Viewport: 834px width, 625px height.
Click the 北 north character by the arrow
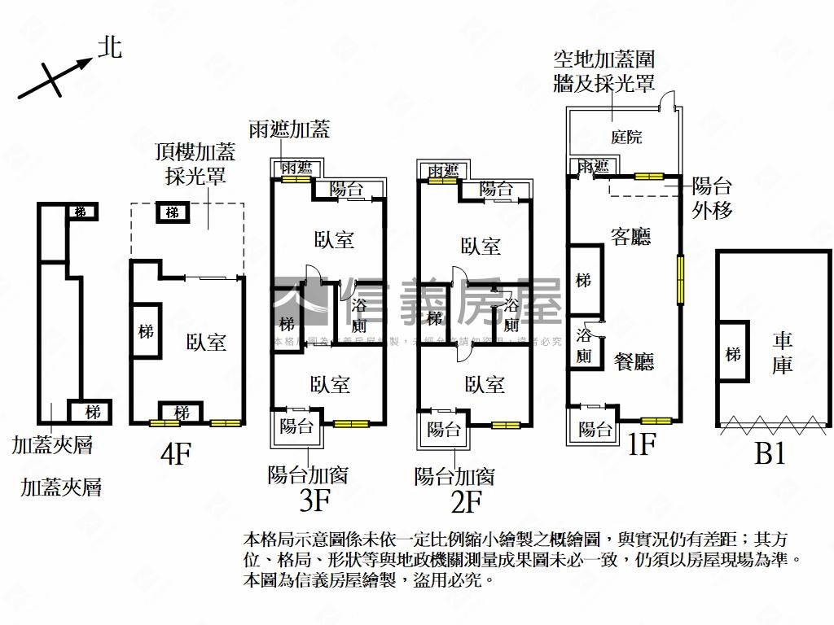[x=110, y=47]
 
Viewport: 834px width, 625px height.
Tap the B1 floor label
[x=770, y=453]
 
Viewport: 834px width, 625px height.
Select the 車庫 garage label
[x=782, y=353]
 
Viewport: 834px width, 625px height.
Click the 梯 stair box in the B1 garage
[x=733, y=354]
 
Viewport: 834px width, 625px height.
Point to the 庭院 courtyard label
[x=626, y=137]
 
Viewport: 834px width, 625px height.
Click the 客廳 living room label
[x=630, y=237]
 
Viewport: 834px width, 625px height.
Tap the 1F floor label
[x=641, y=446]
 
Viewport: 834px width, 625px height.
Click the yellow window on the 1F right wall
[x=680, y=278]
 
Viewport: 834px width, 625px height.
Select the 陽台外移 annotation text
[x=712, y=197]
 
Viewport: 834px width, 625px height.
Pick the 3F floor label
[x=314, y=501]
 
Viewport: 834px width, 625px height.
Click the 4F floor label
[x=175, y=453]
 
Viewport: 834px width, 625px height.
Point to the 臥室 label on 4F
[x=206, y=343]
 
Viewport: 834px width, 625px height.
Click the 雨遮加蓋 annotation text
[x=289, y=129]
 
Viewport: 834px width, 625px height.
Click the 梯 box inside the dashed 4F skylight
[x=172, y=212]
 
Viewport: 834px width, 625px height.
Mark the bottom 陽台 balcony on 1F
[x=595, y=428]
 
